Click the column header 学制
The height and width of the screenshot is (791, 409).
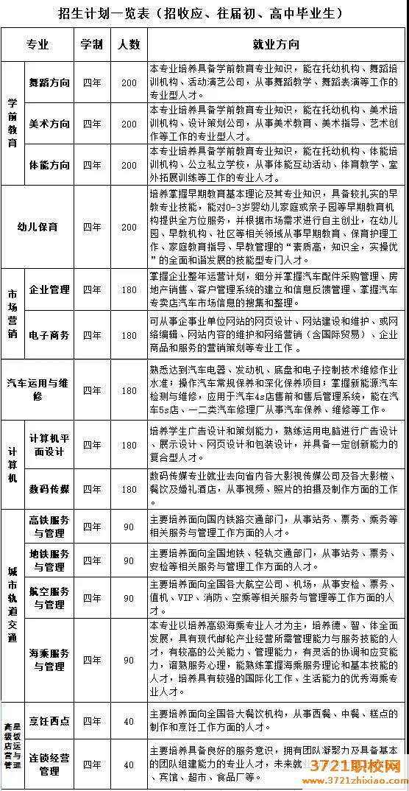pyautogui.click(x=93, y=43)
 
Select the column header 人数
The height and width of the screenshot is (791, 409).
pyautogui.click(x=129, y=43)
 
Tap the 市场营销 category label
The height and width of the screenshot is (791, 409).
pyautogui.click(x=12, y=312)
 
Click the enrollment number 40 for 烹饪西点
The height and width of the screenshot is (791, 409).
pyautogui.click(x=129, y=721)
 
